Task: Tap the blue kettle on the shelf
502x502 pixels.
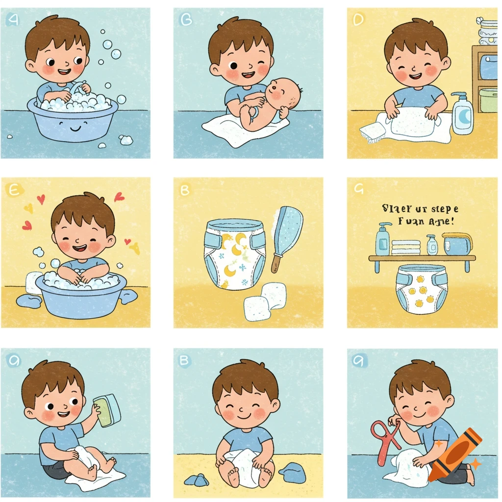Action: (456, 244)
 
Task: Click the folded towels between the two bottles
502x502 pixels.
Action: (406, 247)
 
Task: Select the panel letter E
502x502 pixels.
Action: (12, 190)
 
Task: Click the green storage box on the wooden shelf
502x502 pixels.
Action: (487, 100)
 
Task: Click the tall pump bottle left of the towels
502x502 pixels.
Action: (383, 240)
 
